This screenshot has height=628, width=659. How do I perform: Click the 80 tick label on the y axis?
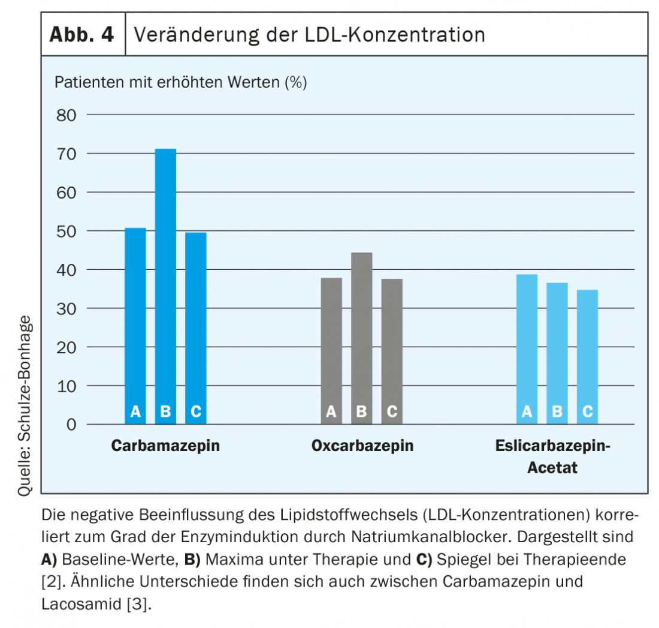coord(66,115)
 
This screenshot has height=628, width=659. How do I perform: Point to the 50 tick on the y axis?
coord(66,231)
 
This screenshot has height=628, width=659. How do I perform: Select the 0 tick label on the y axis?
coord(71,425)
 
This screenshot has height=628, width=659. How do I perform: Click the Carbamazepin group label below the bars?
coord(165,446)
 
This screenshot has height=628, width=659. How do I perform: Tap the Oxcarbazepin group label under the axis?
coord(362,446)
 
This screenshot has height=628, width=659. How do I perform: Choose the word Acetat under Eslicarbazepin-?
coord(552,468)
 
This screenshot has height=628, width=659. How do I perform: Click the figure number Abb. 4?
coord(81,35)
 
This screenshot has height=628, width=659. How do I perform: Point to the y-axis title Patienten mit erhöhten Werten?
coord(180,82)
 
